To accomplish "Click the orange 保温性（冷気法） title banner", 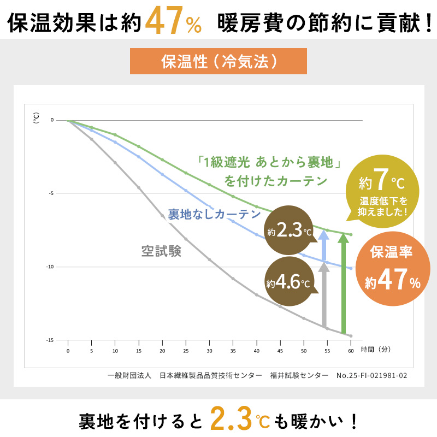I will tap(218, 62).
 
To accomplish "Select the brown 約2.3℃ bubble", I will tap(289, 231).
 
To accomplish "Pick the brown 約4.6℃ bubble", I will tap(289, 283).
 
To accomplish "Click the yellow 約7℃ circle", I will tap(382, 191).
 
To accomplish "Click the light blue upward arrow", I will tap(323, 246).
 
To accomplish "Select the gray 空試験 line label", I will tap(161, 251).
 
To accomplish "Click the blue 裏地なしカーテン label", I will tap(214, 214).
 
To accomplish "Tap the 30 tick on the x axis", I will tap(209, 350).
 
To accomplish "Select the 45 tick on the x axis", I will tap(280, 350).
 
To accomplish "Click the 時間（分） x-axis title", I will tap(376, 349).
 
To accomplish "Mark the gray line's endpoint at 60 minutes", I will tap(351, 336).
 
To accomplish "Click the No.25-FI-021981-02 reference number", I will tap(372, 376).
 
